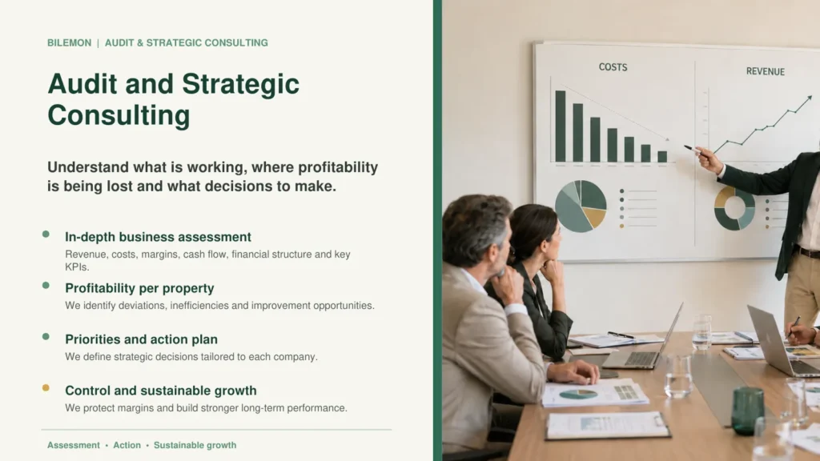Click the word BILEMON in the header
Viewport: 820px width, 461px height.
click(x=69, y=43)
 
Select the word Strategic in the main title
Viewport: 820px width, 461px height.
click(x=240, y=84)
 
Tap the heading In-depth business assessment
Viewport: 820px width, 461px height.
click(x=158, y=237)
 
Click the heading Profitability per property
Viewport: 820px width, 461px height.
click(x=139, y=288)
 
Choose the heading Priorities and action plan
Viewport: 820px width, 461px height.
click(x=141, y=339)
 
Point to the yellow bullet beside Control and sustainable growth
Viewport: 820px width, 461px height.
click(x=46, y=388)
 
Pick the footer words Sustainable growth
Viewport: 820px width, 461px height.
click(x=195, y=445)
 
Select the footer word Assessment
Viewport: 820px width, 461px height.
click(x=73, y=445)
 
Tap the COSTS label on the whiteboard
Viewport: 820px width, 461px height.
click(x=613, y=67)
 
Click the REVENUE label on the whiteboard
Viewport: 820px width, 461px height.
click(x=765, y=71)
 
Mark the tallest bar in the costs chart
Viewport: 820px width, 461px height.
click(x=560, y=126)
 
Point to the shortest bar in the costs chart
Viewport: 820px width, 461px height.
click(x=662, y=156)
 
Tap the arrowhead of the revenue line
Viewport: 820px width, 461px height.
click(x=809, y=97)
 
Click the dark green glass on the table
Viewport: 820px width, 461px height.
click(x=747, y=411)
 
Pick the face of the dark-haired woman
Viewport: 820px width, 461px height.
click(x=553, y=240)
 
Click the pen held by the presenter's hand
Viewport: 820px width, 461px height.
click(x=692, y=150)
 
